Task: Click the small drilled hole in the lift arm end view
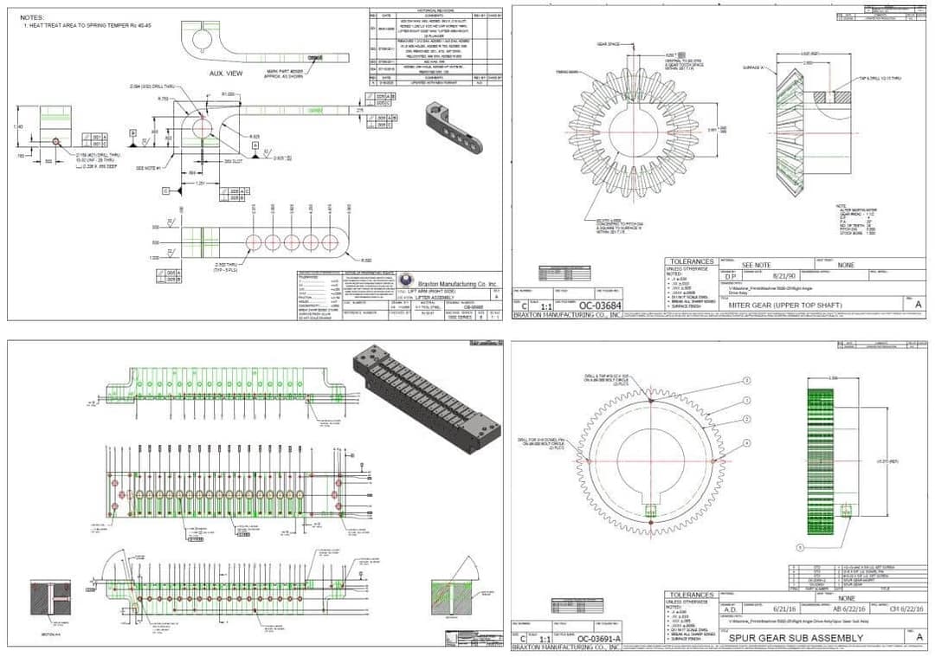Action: [x=55, y=139]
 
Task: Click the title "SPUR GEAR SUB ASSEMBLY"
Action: [x=796, y=639]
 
